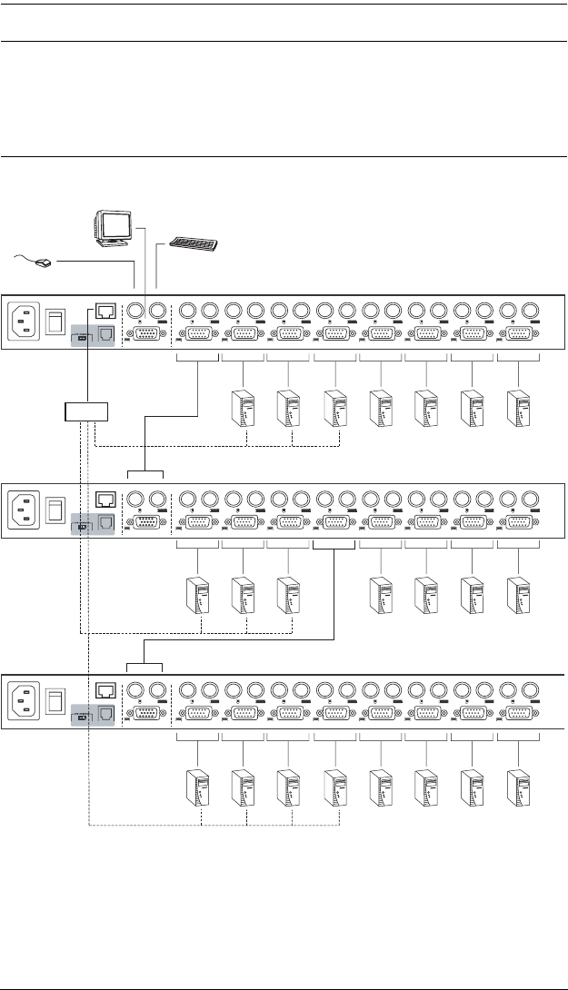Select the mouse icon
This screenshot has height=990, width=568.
(x=39, y=263)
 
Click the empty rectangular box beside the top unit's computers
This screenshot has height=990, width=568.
(x=85, y=411)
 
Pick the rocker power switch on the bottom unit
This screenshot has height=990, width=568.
(x=55, y=698)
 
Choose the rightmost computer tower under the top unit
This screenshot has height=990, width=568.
(x=518, y=409)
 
